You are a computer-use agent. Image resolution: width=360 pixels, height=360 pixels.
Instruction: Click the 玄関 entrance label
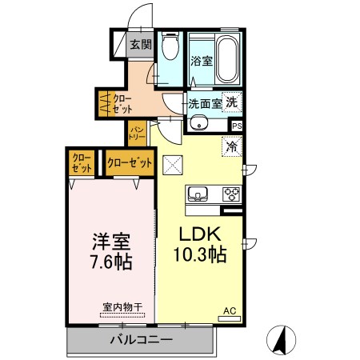(141, 45)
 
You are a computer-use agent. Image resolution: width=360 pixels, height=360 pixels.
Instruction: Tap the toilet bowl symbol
(170, 48)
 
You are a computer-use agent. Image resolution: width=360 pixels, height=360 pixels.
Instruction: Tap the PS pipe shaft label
(237, 126)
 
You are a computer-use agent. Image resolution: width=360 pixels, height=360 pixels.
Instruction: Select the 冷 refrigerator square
(231, 147)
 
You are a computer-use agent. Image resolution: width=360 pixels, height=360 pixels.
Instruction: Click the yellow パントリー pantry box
(134, 133)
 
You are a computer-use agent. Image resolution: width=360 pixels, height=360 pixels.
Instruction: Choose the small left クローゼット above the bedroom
(81, 162)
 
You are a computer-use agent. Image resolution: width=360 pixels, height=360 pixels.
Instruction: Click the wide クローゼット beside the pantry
(130, 162)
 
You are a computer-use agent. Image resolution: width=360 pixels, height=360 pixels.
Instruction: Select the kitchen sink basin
(198, 194)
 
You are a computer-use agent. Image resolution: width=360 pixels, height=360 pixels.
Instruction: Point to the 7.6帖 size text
(111, 262)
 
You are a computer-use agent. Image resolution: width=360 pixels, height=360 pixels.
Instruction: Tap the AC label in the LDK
(229, 311)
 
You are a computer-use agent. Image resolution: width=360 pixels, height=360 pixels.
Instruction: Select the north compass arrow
(282, 339)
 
